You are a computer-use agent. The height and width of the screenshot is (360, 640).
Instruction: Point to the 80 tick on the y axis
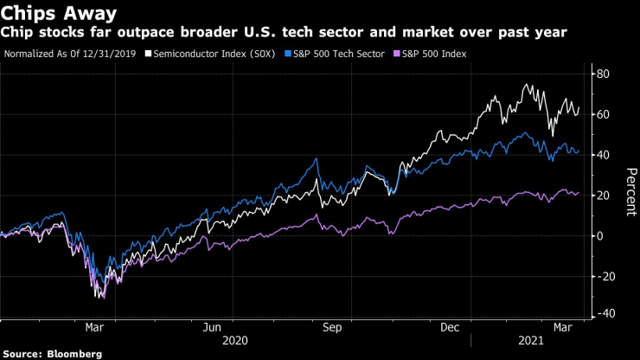603,74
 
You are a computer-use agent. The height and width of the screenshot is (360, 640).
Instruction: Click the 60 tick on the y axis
603,115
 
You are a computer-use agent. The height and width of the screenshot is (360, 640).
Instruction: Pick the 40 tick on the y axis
603,155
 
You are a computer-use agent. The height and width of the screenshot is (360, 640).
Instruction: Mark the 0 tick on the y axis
599,236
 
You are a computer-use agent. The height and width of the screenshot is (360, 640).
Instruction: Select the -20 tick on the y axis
605,276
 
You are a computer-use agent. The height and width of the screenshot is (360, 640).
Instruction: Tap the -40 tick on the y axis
605,313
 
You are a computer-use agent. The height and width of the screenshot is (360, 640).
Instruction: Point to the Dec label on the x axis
450,328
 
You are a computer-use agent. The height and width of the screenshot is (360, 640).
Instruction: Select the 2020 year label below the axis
235,342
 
